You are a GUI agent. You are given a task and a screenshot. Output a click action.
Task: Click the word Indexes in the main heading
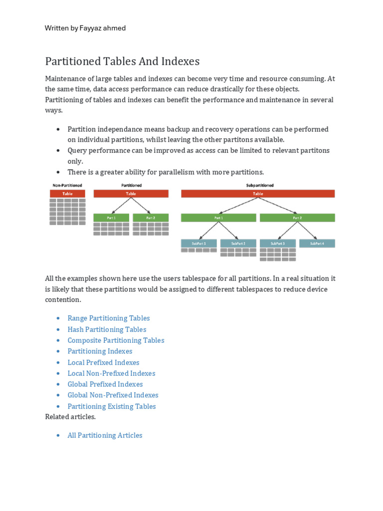180,61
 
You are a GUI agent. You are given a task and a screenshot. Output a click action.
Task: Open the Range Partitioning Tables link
108,318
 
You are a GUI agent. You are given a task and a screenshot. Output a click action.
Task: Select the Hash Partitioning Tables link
107,329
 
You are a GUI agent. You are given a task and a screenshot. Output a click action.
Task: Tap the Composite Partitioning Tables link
116,340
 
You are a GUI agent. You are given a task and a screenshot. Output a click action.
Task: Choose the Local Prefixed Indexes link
103,362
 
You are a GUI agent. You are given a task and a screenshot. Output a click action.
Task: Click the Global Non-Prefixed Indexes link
113,395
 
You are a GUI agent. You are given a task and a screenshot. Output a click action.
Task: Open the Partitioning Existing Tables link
112,406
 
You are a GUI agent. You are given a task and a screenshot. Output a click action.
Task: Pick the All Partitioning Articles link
105,435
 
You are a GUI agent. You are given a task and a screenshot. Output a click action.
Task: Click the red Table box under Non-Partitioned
67,194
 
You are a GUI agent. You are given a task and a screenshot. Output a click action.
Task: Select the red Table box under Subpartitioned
258,194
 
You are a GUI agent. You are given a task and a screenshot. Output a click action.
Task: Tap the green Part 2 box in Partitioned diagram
151,218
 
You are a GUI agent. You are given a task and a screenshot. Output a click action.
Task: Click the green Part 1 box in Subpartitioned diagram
218,218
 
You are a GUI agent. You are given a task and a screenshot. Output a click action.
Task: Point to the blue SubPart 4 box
317,244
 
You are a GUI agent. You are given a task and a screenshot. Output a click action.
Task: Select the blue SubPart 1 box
198,244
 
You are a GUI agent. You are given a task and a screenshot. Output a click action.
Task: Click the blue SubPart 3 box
278,244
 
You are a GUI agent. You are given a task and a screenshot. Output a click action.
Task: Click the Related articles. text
70,417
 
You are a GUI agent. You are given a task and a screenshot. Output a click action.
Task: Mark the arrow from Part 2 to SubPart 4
308,231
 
